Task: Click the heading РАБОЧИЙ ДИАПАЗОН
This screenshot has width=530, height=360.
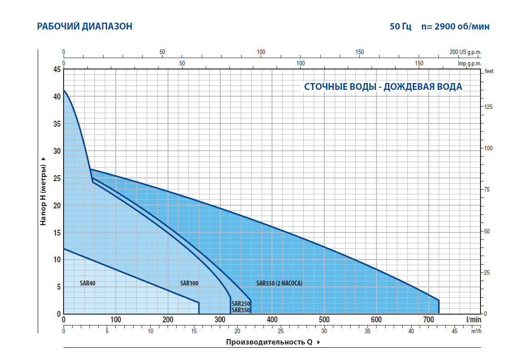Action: (x=84, y=26)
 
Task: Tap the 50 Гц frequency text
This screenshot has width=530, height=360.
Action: (x=400, y=26)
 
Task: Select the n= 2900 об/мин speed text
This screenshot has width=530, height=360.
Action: (x=456, y=26)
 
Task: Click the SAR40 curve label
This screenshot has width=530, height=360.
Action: (x=87, y=283)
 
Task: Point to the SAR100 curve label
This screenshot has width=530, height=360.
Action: (x=189, y=283)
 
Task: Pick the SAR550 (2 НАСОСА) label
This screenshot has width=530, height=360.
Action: (x=279, y=283)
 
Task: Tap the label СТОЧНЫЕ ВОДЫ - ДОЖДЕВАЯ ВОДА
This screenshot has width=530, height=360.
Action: (x=383, y=87)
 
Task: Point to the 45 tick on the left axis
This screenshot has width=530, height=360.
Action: (x=56, y=70)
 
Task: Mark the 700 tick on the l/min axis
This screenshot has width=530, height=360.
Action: (x=428, y=320)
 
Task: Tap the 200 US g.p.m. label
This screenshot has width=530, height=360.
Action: (x=465, y=52)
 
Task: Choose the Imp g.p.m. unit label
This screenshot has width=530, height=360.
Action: (x=470, y=64)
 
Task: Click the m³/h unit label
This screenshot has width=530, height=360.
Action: (x=476, y=331)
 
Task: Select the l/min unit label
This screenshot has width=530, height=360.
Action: (x=473, y=320)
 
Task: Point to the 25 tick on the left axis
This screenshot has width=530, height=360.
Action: (x=56, y=178)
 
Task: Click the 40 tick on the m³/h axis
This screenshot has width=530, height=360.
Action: (x=411, y=331)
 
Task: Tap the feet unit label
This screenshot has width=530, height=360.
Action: (x=489, y=71)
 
